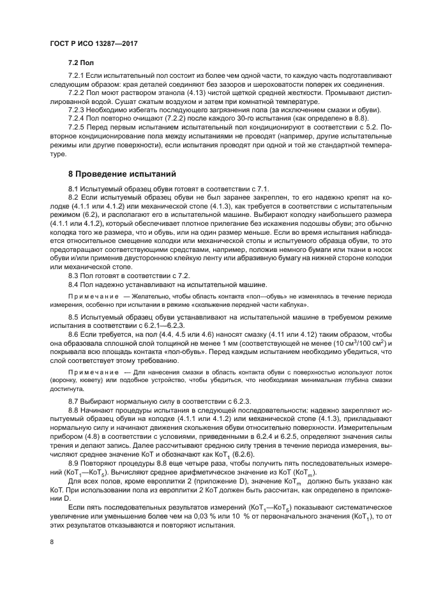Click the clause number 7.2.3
click(x=79, y=110)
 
